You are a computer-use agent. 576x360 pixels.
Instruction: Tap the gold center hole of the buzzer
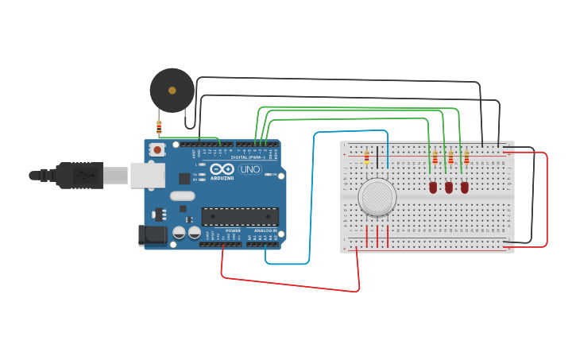172,90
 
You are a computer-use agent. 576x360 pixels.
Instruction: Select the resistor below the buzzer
159,126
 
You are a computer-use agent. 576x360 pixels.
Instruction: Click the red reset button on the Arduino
157,149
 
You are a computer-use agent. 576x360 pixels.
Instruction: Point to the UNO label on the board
250,169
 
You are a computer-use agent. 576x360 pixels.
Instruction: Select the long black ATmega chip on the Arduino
240,216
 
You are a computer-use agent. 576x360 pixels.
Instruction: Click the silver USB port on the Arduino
146,175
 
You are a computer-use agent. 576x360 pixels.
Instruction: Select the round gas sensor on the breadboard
377,197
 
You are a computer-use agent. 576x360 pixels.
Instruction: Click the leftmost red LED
433,188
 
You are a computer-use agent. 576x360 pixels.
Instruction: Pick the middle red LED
449,188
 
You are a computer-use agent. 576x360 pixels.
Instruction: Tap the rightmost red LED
465,188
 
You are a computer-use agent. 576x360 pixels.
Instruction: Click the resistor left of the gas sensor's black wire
366,157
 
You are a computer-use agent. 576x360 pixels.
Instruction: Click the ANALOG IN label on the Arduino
265,231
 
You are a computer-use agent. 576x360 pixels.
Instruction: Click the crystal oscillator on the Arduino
182,195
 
